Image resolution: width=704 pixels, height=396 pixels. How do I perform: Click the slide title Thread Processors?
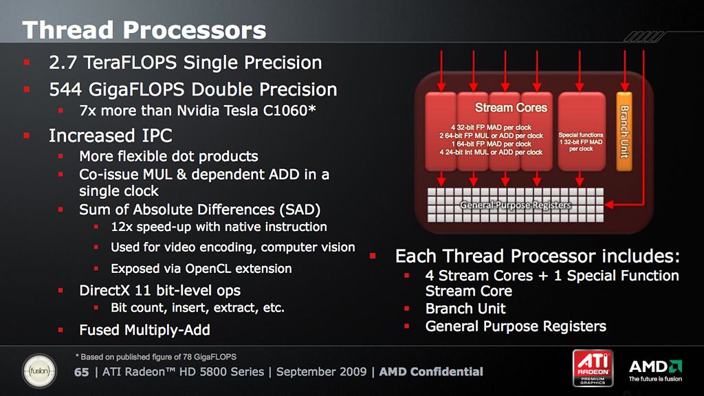tap(144, 30)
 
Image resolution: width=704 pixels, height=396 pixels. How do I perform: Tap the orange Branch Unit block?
tap(624, 131)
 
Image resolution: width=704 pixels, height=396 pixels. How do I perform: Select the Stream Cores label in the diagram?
tap(511, 108)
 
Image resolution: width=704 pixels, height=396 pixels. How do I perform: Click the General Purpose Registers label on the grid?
tap(516, 205)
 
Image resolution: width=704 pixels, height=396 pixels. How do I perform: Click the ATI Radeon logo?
tap(593, 368)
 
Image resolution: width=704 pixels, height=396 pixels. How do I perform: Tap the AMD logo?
tap(655, 371)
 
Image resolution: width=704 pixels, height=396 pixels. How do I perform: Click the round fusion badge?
tap(39, 371)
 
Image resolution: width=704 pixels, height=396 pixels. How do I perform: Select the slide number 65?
tap(81, 372)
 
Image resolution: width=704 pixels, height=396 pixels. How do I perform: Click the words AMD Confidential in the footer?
tap(431, 372)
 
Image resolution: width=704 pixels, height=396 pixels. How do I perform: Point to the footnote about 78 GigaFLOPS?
tap(156, 357)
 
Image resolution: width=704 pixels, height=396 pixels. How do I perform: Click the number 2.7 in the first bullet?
tap(63, 63)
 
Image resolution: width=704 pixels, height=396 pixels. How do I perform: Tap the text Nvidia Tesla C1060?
tap(246, 111)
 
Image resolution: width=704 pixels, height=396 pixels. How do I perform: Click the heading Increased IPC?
tap(111, 135)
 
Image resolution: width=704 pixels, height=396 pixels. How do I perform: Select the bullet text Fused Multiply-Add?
tap(144, 330)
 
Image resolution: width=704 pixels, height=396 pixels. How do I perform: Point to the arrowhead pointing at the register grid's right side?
tap(609, 205)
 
